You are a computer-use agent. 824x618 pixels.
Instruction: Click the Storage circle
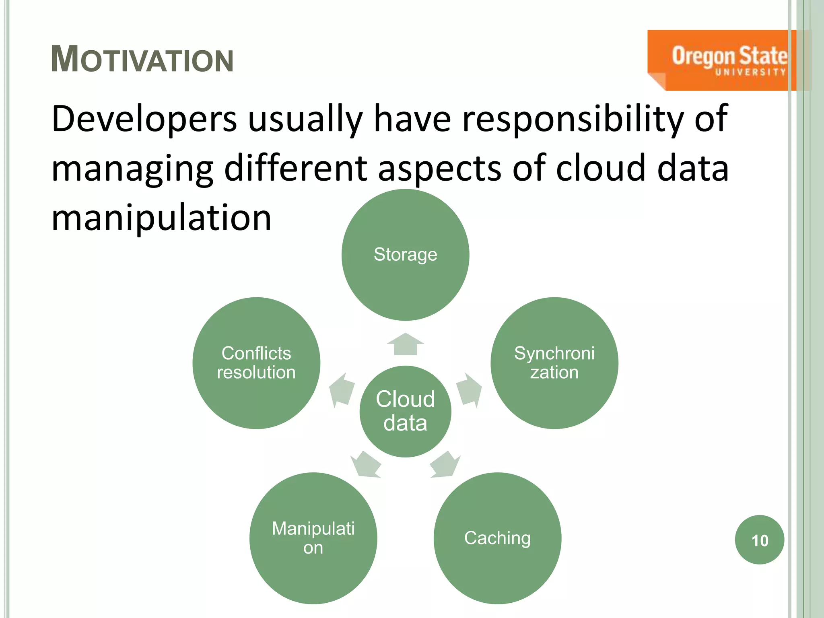point(405,255)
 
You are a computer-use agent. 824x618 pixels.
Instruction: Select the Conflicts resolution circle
point(256,363)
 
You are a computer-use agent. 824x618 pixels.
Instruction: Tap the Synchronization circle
point(554,363)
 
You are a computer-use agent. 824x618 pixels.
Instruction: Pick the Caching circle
point(497,538)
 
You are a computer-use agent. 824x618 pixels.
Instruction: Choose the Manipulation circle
point(313,538)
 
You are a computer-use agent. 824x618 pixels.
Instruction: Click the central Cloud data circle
point(405,411)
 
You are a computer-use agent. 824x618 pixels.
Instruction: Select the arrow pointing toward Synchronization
point(469,389)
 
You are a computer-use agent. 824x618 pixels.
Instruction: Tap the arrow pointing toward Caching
point(445,465)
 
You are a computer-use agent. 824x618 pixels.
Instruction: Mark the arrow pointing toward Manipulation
point(365,465)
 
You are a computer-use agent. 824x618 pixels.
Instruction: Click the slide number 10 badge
point(759,540)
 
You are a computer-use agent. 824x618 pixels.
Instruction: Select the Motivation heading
point(142,60)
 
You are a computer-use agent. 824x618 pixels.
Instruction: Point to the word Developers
point(144,119)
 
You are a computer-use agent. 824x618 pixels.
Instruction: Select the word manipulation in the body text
point(161,218)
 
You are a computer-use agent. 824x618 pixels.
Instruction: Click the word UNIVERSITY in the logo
point(750,72)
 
